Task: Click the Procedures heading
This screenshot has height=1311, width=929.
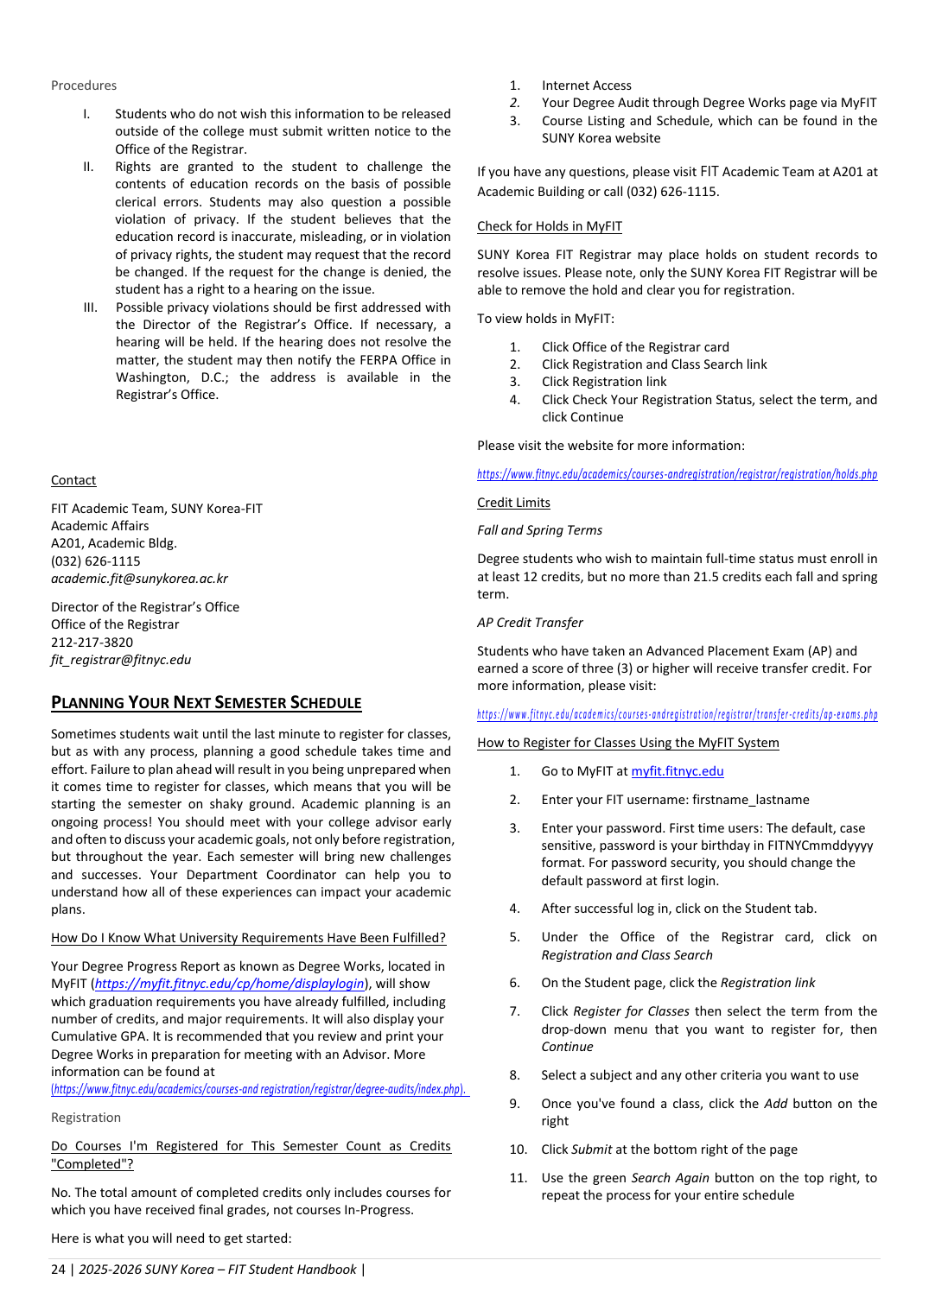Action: (x=84, y=85)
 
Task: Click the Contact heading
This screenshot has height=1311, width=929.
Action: (x=73, y=480)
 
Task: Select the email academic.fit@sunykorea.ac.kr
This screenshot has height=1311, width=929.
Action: (x=139, y=579)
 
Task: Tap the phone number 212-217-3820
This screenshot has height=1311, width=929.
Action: (x=92, y=643)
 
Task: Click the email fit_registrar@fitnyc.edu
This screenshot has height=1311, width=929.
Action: (x=121, y=660)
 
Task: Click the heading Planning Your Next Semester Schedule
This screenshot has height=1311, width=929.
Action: (x=206, y=703)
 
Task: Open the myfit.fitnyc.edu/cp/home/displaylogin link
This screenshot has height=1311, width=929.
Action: (x=229, y=984)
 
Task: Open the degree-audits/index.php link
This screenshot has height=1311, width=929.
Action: (x=258, y=1090)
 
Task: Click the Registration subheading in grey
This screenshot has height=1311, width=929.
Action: (x=86, y=1118)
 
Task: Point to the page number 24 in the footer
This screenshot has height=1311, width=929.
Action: (x=58, y=1270)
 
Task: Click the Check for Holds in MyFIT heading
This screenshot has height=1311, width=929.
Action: (x=549, y=226)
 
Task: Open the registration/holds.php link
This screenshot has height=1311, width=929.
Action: (x=677, y=474)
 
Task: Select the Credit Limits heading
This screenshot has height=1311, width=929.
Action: (x=513, y=503)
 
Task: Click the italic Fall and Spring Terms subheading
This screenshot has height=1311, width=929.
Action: (x=539, y=530)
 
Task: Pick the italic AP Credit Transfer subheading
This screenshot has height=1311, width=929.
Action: (x=530, y=623)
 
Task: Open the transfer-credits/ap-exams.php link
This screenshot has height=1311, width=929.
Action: (x=677, y=714)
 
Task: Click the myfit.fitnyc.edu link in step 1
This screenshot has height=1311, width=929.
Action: (x=677, y=771)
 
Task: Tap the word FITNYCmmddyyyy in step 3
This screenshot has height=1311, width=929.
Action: (x=823, y=845)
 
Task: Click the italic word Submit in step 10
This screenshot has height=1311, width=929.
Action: (x=592, y=1149)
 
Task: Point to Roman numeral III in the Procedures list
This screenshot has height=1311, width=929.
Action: (x=90, y=307)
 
